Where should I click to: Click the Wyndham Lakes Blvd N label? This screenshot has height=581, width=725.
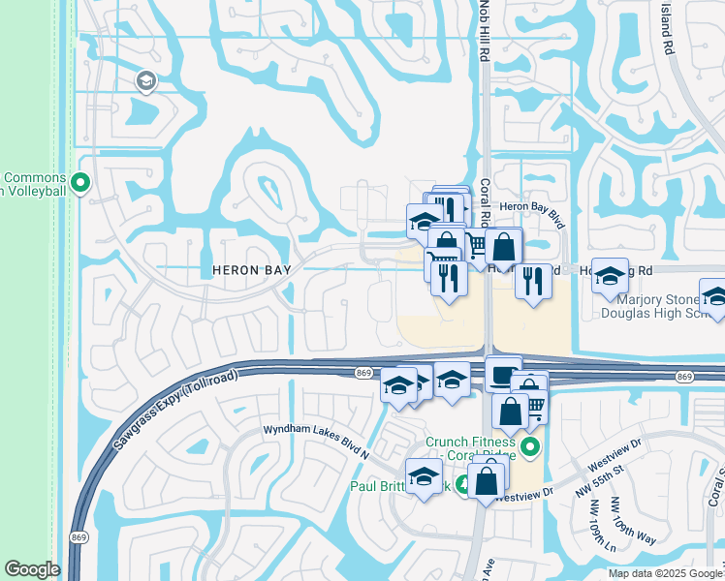click(x=317, y=438)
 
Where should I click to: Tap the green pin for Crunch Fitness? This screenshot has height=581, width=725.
click(x=529, y=447)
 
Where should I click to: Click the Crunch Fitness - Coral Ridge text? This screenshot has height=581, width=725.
click(x=470, y=449)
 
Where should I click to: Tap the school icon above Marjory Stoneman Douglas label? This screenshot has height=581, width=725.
click(x=610, y=276)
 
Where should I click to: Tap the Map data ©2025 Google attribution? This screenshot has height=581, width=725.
click(x=666, y=573)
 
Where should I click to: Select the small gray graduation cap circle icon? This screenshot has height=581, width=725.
click(x=147, y=80)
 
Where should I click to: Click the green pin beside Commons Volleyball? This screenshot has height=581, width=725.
click(x=81, y=181)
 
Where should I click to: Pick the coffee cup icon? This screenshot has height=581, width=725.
click(x=503, y=373)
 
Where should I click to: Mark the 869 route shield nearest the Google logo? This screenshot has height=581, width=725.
click(x=79, y=535)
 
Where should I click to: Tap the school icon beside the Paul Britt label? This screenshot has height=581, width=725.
click(x=424, y=476)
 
